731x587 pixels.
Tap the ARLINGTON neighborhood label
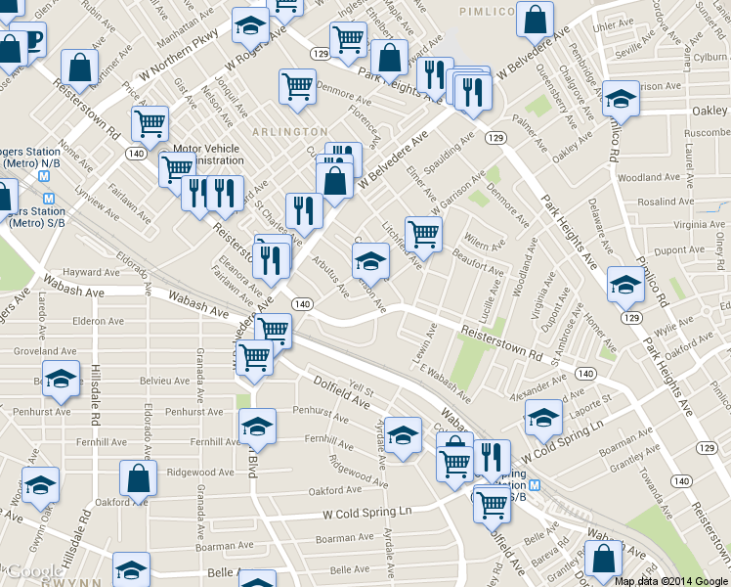pos(289,131)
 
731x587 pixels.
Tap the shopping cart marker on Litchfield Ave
pos(423,234)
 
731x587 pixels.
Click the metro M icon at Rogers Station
pos(45,177)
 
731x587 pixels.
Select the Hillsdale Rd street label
pos(96,399)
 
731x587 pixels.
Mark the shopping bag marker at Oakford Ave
pos(138,478)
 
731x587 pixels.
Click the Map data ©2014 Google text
pos(670,580)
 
